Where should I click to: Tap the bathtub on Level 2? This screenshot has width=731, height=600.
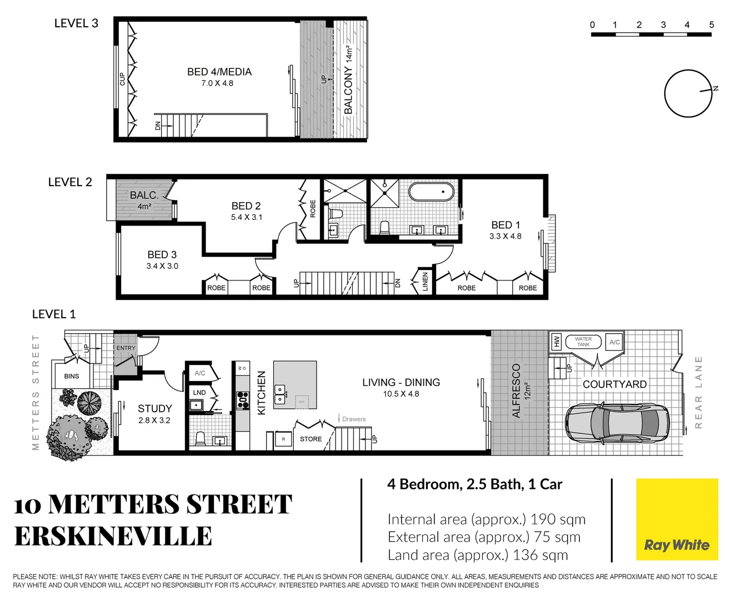[x=431, y=192]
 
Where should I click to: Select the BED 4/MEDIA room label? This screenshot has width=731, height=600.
[x=219, y=72]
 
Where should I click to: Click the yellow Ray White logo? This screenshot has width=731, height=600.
[x=677, y=520]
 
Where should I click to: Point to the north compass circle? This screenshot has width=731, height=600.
[x=688, y=93]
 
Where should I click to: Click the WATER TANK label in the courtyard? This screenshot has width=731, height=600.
[x=583, y=342]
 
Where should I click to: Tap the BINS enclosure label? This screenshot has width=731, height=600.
[x=72, y=376]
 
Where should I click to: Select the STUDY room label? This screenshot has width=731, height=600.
[x=154, y=408]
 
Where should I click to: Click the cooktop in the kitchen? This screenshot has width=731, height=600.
[x=243, y=400]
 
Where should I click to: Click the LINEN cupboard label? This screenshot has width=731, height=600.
[x=425, y=282]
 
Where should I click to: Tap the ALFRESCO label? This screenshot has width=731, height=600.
[x=516, y=391]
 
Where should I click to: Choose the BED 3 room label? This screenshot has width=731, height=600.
[x=162, y=254]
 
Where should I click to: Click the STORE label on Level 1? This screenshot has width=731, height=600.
[x=311, y=439]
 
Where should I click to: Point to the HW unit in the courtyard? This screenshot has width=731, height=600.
[x=557, y=342]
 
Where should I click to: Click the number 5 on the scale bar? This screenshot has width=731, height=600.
[x=712, y=24]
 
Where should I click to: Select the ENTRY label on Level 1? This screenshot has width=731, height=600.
[x=126, y=348]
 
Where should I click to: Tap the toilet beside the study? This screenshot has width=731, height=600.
[x=200, y=438]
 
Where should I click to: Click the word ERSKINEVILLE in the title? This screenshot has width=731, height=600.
[x=113, y=537]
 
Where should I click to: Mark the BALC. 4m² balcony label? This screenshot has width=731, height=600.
[x=144, y=196]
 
